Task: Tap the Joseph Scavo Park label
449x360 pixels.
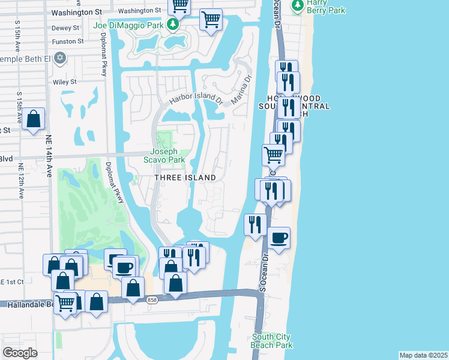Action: point(164,155)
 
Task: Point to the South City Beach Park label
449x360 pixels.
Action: point(272,341)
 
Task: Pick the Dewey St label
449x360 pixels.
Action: point(65,28)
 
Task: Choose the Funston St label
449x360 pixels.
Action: point(67,41)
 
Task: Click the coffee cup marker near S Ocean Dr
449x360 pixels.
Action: point(279,238)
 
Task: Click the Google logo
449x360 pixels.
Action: point(20,353)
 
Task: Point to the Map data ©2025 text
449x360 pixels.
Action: point(423,355)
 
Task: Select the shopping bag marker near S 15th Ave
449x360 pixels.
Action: point(34,119)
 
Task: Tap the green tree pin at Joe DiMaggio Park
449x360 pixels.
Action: point(173,25)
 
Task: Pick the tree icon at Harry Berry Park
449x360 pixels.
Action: point(297,5)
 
